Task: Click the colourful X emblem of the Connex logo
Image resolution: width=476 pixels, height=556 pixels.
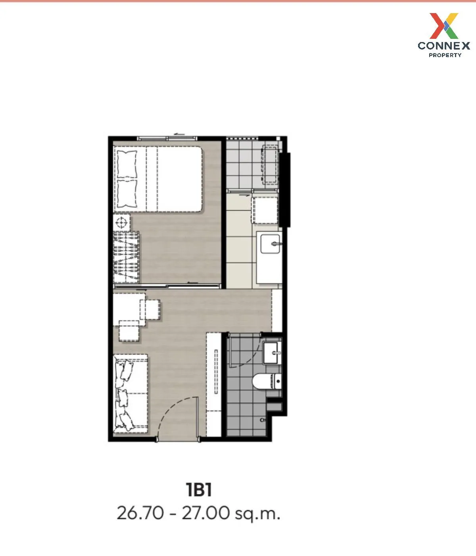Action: click(x=444, y=26)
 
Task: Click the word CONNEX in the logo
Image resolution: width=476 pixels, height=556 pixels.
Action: click(x=444, y=46)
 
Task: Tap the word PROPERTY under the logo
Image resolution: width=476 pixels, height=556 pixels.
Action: click(x=445, y=55)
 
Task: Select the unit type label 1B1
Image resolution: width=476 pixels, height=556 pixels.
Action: click(x=199, y=490)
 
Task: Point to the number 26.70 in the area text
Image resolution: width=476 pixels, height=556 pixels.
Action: click(x=140, y=513)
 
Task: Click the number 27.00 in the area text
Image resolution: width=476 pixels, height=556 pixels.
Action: click(x=205, y=513)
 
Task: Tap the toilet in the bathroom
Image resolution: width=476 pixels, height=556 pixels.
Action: click(x=266, y=381)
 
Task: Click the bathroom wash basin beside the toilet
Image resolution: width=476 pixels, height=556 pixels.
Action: click(x=272, y=352)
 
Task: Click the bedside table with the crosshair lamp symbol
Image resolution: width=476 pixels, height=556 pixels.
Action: click(x=122, y=222)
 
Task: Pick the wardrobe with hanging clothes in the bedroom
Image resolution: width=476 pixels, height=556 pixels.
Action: click(x=127, y=257)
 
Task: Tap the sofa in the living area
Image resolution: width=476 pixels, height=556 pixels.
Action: click(x=131, y=393)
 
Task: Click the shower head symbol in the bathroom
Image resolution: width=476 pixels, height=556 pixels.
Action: click(x=262, y=420)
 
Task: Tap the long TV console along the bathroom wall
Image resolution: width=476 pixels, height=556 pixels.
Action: click(x=214, y=384)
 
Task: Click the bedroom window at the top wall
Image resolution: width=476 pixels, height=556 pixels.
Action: click(x=167, y=138)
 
